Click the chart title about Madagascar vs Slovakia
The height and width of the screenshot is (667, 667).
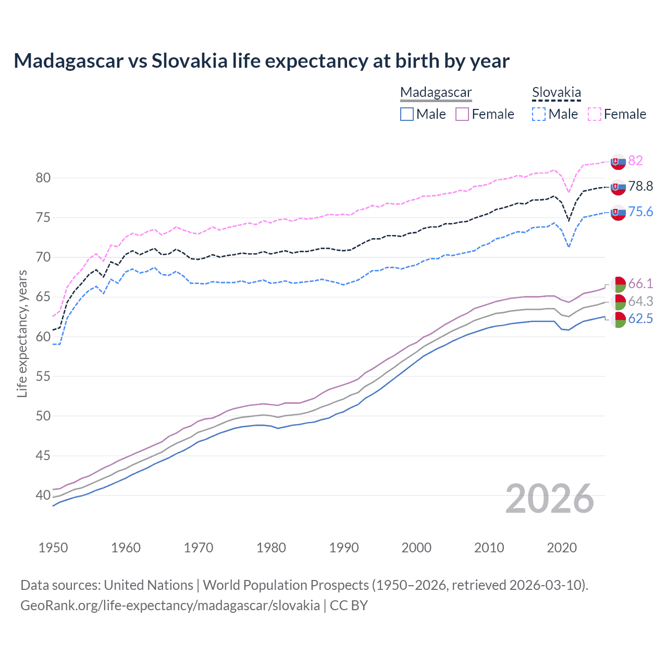coord(262,61)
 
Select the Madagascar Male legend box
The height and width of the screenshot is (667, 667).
coord(407,114)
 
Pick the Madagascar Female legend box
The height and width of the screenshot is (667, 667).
coord(463,114)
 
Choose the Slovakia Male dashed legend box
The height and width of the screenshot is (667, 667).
coord(539,114)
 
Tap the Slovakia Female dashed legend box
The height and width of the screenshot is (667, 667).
coord(595,114)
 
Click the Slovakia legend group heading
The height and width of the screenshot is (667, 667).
coord(556,93)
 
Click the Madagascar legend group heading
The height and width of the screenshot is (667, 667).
coord(436,93)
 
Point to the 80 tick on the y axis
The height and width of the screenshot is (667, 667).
coord(43,178)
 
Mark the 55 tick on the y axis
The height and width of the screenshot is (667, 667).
coord(43,376)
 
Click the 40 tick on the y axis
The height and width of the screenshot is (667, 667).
coord(43,495)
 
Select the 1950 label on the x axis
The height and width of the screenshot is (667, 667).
coord(53,548)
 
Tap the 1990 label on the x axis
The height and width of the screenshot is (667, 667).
coord(344,548)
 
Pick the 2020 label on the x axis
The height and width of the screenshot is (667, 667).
coord(562,548)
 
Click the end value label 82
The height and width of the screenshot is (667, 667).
coord(635,160)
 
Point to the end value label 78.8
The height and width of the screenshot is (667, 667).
coord(640,187)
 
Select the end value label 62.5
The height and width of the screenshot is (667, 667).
coord(640,319)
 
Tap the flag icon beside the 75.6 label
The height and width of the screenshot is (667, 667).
coord(618,213)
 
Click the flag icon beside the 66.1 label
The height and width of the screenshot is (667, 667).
coord(618,285)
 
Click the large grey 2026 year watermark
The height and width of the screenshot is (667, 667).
coord(550,499)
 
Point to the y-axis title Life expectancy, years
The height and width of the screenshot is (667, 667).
coord(22,333)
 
